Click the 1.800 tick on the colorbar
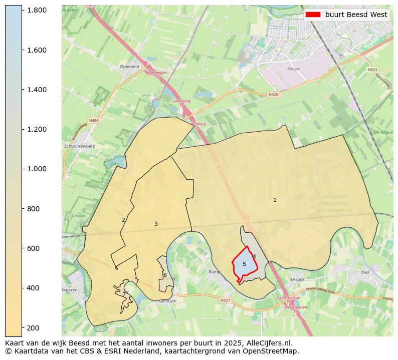pos(22,10)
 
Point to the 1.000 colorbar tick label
pos(37,169)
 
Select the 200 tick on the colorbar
pos(22,327)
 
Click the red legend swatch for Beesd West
pos(312,15)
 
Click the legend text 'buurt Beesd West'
pos(356,15)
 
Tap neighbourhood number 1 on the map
pos(275,200)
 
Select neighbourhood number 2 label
pos(123,220)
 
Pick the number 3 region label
pos(156,224)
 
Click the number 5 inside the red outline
pos(244,264)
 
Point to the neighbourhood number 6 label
pos(165,275)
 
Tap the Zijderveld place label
pos(129,66)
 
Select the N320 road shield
pos(273,94)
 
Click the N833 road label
pos(372,70)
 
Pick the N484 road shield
pos(94,120)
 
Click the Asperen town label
pos(70,290)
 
